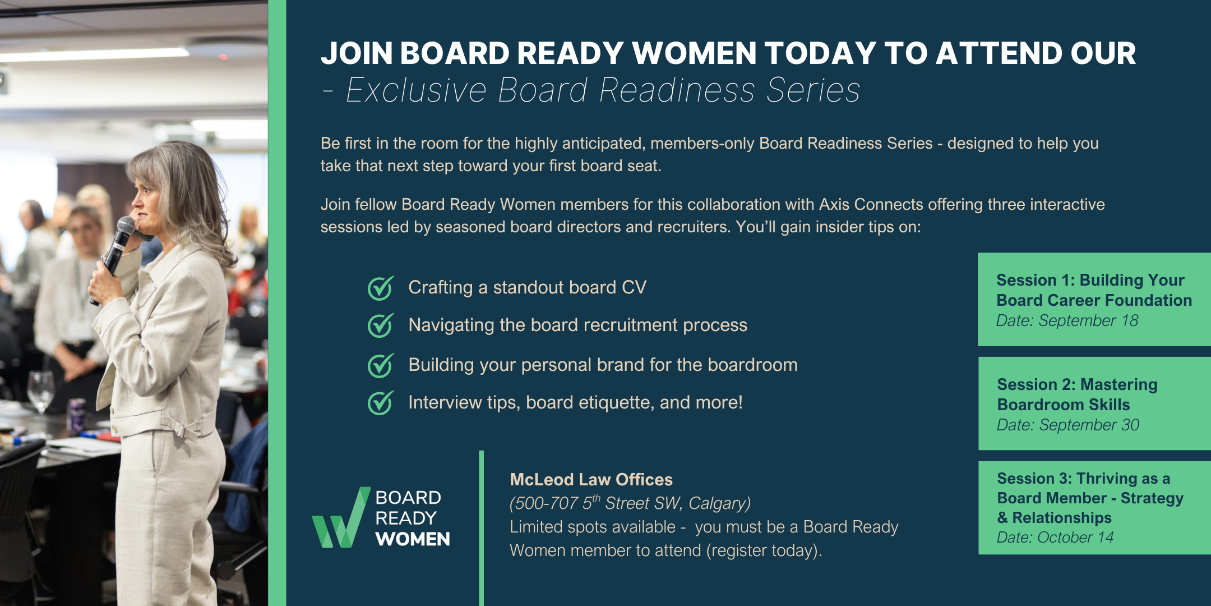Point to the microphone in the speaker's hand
click(x=114, y=258)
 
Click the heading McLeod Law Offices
click(x=591, y=479)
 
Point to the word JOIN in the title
click(x=357, y=53)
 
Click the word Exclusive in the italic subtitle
click(x=416, y=90)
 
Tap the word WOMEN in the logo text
click(x=413, y=539)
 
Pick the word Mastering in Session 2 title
click(x=1118, y=384)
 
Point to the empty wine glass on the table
click(x=41, y=390)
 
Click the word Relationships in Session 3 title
click(x=1062, y=517)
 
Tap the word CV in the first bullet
click(x=634, y=287)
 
